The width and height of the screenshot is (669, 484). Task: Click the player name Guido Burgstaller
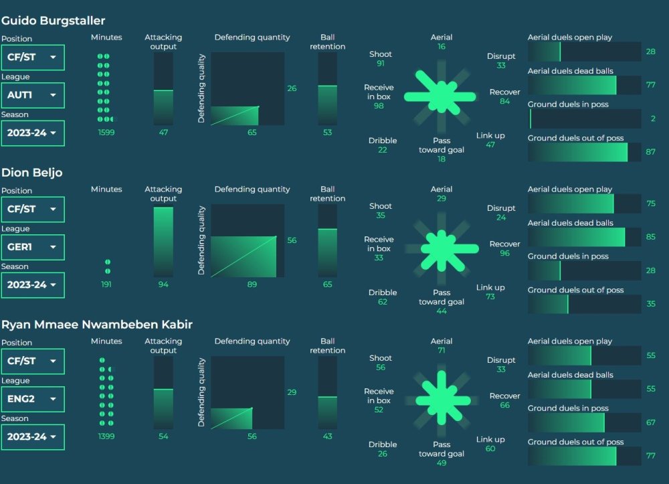click(54, 21)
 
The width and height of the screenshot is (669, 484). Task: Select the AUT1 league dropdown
click(33, 95)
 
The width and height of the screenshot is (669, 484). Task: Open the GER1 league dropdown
click(33, 247)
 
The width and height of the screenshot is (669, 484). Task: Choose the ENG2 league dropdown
click(33, 399)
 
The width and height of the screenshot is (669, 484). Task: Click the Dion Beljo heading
click(32, 173)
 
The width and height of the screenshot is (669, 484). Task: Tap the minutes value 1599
click(106, 133)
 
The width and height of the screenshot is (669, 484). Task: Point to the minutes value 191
click(106, 285)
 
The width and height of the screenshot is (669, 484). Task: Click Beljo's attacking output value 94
click(163, 285)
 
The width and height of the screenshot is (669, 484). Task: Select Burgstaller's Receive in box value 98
click(379, 106)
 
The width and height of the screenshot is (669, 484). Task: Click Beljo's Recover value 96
click(504, 253)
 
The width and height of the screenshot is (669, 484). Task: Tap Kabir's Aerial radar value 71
click(442, 350)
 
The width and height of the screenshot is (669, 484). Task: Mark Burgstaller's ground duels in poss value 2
click(651, 119)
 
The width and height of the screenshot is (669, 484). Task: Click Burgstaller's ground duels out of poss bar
click(584, 153)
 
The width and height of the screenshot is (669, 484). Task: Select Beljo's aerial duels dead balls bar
click(584, 238)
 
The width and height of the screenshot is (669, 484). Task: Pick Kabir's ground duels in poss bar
click(584, 423)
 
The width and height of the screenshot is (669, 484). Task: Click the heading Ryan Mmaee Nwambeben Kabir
click(97, 325)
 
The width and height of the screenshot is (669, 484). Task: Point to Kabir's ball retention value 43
click(327, 436)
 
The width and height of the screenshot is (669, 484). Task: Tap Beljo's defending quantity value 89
click(252, 285)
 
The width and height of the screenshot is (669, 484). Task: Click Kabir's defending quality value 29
click(292, 392)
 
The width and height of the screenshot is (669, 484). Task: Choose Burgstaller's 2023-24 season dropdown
click(33, 133)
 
